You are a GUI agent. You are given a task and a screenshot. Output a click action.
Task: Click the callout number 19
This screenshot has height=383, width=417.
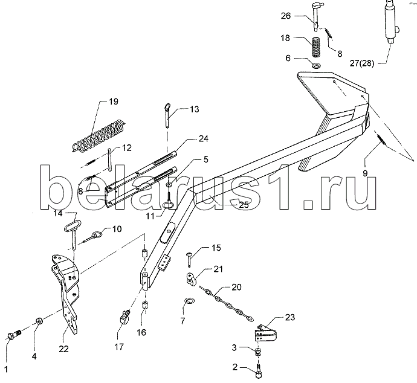[113, 102]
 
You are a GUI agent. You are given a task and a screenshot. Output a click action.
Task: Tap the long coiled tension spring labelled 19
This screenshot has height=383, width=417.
[98, 136]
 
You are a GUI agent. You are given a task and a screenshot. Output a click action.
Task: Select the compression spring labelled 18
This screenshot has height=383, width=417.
[316, 47]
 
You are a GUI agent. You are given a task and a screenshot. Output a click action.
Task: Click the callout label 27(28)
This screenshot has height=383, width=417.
[362, 63]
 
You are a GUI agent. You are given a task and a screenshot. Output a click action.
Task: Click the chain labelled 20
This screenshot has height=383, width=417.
[226, 303]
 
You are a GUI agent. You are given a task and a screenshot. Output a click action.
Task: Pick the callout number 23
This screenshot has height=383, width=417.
[289, 317]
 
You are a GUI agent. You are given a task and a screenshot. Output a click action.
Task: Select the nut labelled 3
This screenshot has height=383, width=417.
[257, 352]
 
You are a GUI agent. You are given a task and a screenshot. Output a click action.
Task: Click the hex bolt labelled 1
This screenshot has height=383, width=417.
[14, 334]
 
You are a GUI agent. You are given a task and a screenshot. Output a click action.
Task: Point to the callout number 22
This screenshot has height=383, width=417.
[63, 349]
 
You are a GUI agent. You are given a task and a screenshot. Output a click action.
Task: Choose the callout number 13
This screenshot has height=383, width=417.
[195, 109]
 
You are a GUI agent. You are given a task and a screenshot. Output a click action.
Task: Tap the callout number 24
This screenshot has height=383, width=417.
[204, 139]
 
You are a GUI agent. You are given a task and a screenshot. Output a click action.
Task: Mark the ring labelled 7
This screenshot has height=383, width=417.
[190, 301]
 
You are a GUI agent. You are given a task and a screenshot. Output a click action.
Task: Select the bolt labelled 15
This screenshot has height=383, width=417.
[189, 259]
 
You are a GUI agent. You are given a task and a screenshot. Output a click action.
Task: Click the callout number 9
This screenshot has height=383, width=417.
[365, 173]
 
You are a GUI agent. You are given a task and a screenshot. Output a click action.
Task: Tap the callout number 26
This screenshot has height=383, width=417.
[286, 16]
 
